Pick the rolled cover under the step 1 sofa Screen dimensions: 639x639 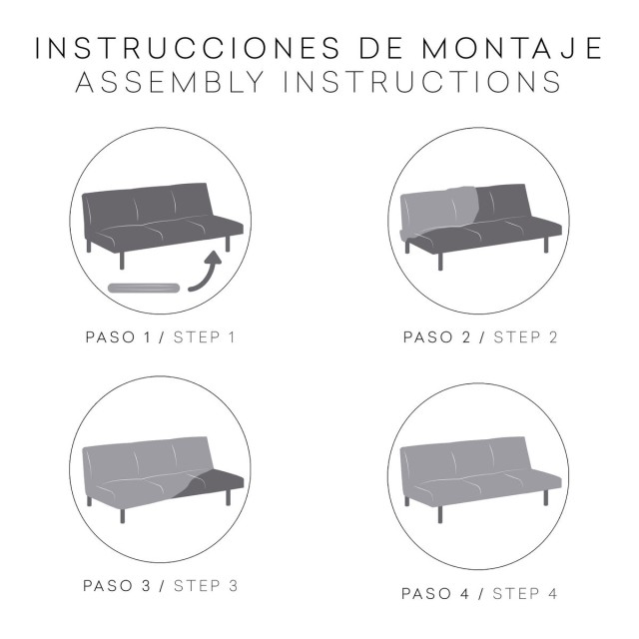point(146,288)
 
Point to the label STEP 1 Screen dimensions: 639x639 point(204,336)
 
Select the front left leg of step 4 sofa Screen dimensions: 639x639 point(439,512)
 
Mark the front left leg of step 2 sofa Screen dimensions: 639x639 point(439,258)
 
